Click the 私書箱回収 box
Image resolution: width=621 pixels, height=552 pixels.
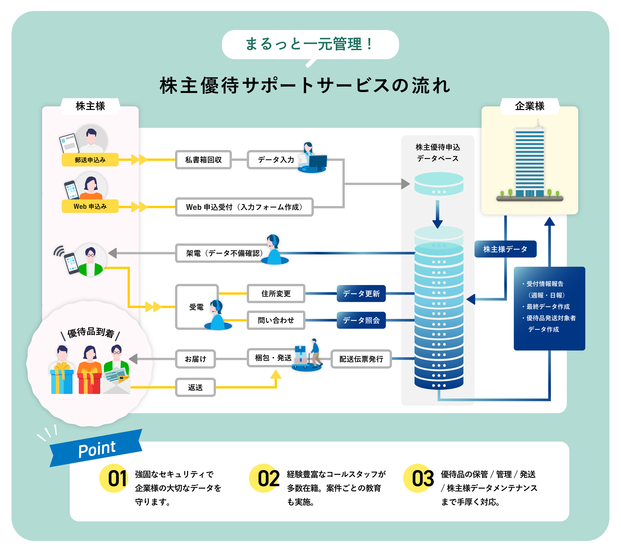pos(203,160)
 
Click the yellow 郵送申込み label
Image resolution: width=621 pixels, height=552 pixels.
pos(90,160)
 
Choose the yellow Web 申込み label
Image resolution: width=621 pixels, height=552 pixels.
pos(90,206)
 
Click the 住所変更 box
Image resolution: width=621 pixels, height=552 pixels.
pos(276,293)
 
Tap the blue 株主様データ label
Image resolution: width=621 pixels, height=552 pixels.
pos(505,249)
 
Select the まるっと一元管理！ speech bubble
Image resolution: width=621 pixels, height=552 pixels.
pos(310,44)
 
